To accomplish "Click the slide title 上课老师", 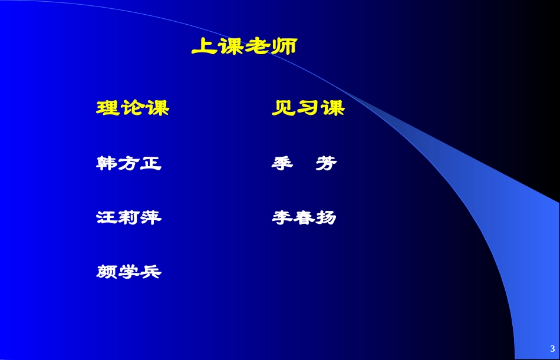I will tap(243, 47).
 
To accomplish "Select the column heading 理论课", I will tap(133, 108).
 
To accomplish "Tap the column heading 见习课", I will tap(308, 108).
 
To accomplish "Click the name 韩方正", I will tap(129, 163).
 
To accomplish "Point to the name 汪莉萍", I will tap(129, 217).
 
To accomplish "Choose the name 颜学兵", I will tap(129, 272).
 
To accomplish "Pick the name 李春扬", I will tap(304, 217).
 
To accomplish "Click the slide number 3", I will tap(552, 347).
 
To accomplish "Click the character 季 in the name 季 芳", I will tap(282, 163).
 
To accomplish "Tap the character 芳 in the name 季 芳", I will tap(325, 163).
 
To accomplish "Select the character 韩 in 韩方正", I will tap(107, 163).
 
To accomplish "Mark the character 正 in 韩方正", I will tap(150, 163).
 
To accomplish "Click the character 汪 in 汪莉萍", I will tap(107, 217).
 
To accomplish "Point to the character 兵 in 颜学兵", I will tap(150, 272).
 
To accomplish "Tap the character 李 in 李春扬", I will tap(282, 217).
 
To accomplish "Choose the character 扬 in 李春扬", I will tap(325, 217).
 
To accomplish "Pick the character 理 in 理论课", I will tap(108, 108).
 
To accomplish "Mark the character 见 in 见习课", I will tap(284, 108).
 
